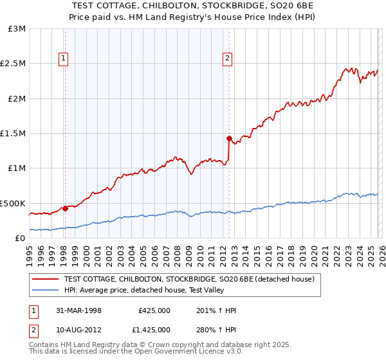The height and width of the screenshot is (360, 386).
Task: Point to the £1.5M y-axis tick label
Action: pyautogui.click(x=14, y=134)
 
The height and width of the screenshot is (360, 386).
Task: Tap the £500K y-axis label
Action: pyautogui.click(x=13, y=203)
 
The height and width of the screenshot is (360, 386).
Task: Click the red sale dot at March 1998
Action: pyautogui.click(x=65, y=208)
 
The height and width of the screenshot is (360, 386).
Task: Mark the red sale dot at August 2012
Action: pyautogui.click(x=228, y=138)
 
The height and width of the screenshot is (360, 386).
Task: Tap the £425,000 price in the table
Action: pyautogui.click(x=154, y=310)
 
